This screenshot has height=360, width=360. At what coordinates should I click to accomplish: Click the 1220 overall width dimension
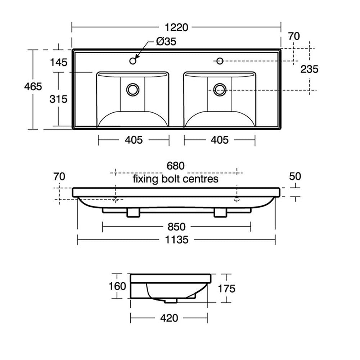pyautogui.click(x=176, y=27)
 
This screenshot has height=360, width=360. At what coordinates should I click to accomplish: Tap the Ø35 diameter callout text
pyautogui.click(x=166, y=42)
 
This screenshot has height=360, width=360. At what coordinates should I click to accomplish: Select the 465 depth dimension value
pyautogui.click(x=33, y=86)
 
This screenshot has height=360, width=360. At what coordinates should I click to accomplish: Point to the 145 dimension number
pyautogui.click(x=58, y=62)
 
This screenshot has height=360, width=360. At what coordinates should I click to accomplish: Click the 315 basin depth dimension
pyautogui.click(x=58, y=99)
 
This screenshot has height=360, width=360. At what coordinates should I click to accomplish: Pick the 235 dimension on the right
pyautogui.click(x=310, y=69)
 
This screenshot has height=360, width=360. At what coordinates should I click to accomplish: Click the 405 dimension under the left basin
pyautogui.click(x=134, y=140)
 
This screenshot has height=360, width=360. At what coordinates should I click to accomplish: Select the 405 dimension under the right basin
pyautogui.click(x=220, y=140)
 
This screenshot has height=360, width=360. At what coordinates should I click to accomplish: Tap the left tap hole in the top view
pyautogui.click(x=133, y=60)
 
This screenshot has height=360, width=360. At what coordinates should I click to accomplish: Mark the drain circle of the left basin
pyautogui.click(x=133, y=89)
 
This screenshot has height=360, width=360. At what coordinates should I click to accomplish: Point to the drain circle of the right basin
pyautogui.click(x=219, y=89)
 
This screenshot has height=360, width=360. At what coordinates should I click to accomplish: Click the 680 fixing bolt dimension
pyautogui.click(x=175, y=166)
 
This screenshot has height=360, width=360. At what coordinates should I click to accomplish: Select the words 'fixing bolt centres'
pyautogui.click(x=175, y=179)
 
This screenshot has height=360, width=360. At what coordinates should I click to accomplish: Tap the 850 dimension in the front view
pyautogui.click(x=176, y=227)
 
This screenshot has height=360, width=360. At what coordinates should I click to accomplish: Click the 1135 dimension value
pyautogui.click(x=176, y=239)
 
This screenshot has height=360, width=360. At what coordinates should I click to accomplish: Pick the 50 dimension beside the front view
pyautogui.click(x=295, y=176)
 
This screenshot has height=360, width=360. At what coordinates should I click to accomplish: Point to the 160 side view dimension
pyautogui.click(x=117, y=286)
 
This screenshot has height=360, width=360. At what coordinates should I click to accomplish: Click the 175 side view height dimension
pyautogui.click(x=226, y=288)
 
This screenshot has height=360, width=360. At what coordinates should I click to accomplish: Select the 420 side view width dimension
pyautogui.click(x=169, y=318)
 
